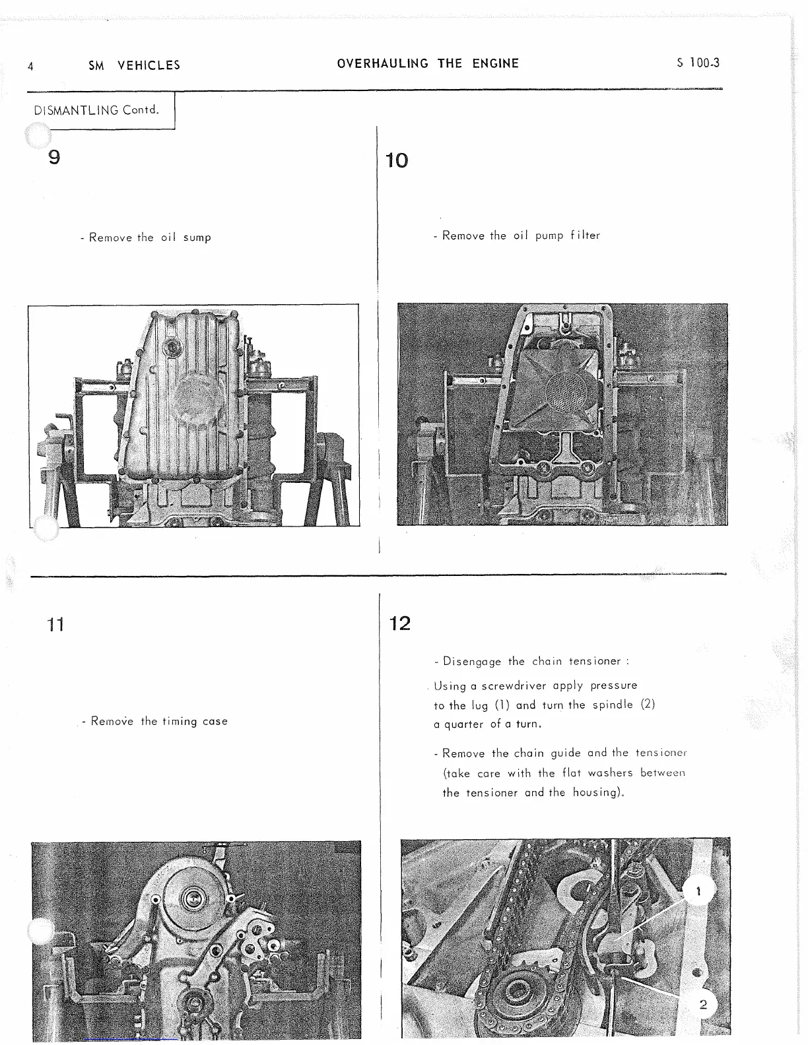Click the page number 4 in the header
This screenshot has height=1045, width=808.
coord(30,66)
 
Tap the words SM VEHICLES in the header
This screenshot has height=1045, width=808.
coord(134,65)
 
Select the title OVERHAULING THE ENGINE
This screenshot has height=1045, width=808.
coord(428,64)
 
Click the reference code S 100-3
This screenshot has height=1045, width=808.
coord(698,63)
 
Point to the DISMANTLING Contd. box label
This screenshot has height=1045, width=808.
coord(96,110)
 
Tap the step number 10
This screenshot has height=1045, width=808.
coord(397,160)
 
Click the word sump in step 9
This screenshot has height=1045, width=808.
coord(197,237)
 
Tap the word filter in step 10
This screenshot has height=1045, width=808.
coord(585,236)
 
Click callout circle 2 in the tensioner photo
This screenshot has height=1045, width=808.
coord(702,1005)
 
